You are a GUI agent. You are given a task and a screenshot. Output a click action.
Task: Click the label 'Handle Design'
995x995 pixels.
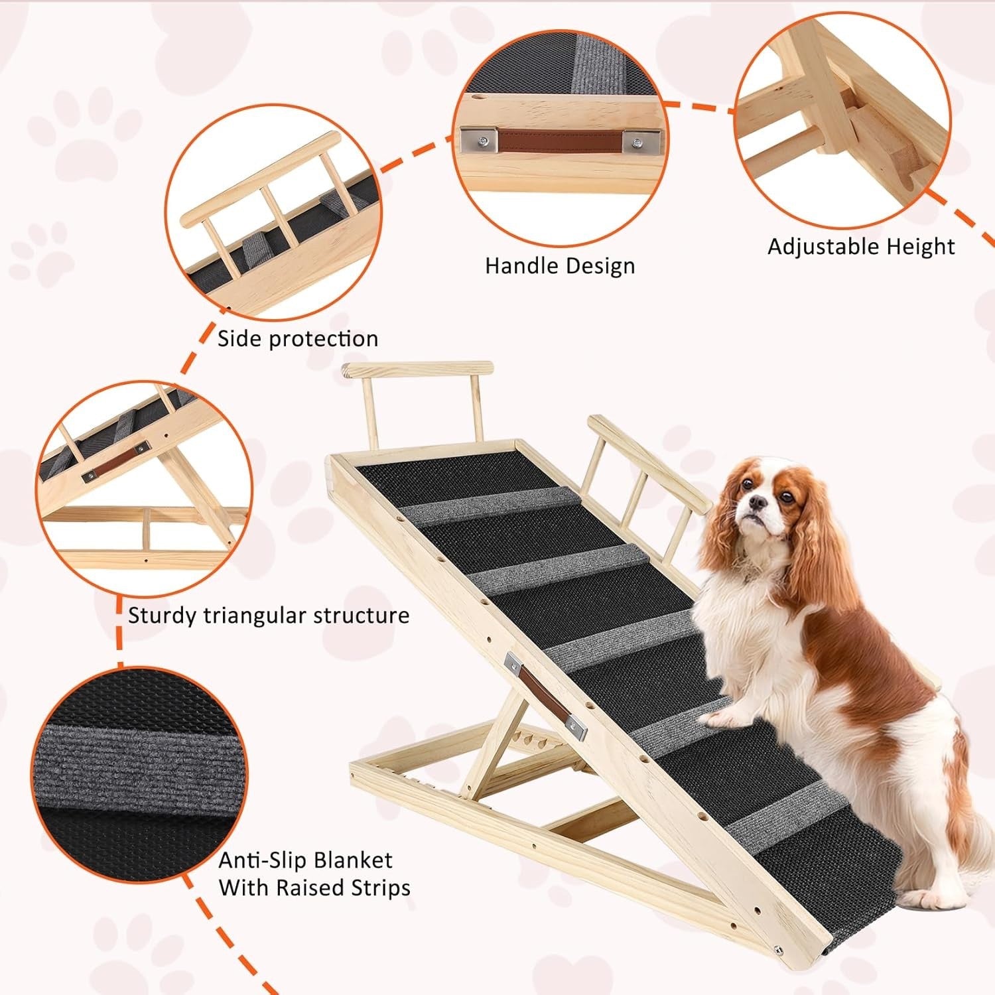pos(560,266)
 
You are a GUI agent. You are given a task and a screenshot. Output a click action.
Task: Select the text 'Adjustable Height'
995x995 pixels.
pos(861,247)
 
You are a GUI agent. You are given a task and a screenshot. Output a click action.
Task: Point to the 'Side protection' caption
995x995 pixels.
pos(298,339)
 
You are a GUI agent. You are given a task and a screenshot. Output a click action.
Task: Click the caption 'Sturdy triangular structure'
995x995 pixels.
pos(268,616)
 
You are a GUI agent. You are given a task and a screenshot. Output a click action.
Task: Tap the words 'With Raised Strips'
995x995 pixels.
pos(314,888)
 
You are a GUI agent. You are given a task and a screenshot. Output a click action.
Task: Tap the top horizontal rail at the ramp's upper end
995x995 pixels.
pos(418,369)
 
